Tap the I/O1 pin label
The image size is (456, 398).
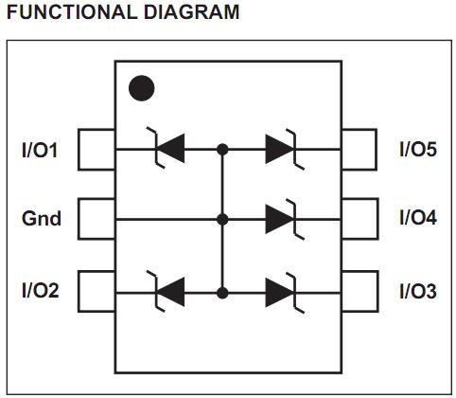click(x=41, y=150)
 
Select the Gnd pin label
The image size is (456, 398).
click(x=42, y=219)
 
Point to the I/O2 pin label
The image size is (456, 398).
click(x=41, y=290)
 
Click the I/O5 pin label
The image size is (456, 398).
click(x=417, y=150)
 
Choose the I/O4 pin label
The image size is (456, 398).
click(x=417, y=219)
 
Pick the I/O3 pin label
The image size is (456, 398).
click(x=417, y=290)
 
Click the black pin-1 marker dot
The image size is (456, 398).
click(x=141, y=88)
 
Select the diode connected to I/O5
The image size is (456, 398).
click(x=282, y=149)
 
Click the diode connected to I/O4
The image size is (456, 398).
click(x=282, y=219)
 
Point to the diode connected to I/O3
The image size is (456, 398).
click(x=282, y=290)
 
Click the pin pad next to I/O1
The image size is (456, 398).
click(x=96, y=149)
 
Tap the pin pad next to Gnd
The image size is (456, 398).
click(x=96, y=219)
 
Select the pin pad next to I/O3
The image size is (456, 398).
click(x=360, y=290)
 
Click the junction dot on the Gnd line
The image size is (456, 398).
click(x=223, y=219)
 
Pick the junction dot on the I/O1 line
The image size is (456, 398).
click(x=223, y=149)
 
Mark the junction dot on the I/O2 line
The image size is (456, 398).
click(x=223, y=290)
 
